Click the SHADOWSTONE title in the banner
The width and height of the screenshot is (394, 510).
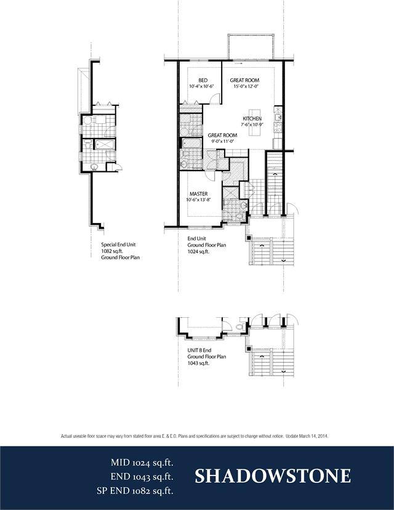273,476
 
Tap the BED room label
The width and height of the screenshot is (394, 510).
203,80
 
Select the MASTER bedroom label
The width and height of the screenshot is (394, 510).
199,194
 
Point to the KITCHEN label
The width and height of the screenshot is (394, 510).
252,119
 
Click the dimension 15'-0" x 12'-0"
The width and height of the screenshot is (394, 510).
245,86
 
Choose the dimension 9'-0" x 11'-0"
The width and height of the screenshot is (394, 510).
223,142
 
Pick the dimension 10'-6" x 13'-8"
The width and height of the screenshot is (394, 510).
199,200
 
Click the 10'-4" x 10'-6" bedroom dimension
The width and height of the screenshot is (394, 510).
201,86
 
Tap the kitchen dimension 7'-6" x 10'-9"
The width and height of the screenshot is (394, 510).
252,124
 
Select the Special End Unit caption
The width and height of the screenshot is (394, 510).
118,245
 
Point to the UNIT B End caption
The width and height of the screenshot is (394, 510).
199,350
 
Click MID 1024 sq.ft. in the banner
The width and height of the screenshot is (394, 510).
142,463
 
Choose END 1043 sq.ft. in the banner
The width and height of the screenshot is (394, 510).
142,477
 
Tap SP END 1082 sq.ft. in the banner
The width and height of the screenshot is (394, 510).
135,491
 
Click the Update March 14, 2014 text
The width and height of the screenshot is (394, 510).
307,436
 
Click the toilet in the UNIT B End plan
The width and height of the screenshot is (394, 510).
241,326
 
